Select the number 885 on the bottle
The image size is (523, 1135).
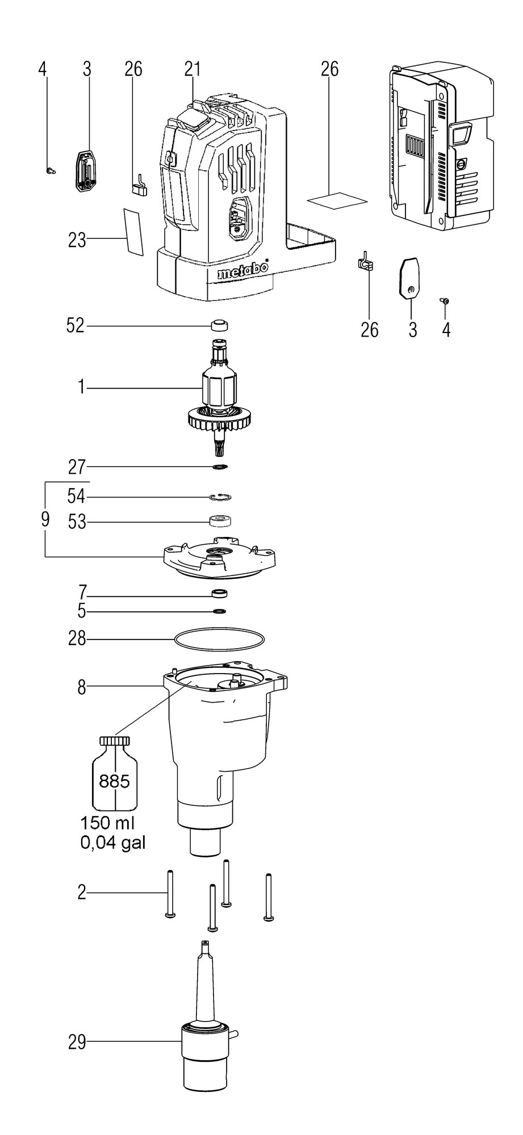pyautogui.click(x=114, y=781)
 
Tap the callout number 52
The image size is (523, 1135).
pyautogui.click(x=76, y=326)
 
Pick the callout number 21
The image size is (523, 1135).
pyautogui.click(x=193, y=69)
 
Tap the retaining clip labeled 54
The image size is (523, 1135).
pyautogui.click(x=219, y=497)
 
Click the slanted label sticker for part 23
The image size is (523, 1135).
pyautogui.click(x=133, y=231)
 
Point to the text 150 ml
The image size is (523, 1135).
pyautogui.click(x=108, y=823)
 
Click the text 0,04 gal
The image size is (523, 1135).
pyautogui.click(x=113, y=842)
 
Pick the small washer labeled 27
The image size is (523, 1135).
pyautogui.click(x=219, y=467)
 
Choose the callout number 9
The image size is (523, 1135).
pyautogui.click(x=45, y=519)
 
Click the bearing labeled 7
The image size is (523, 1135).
pyautogui.click(x=219, y=594)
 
